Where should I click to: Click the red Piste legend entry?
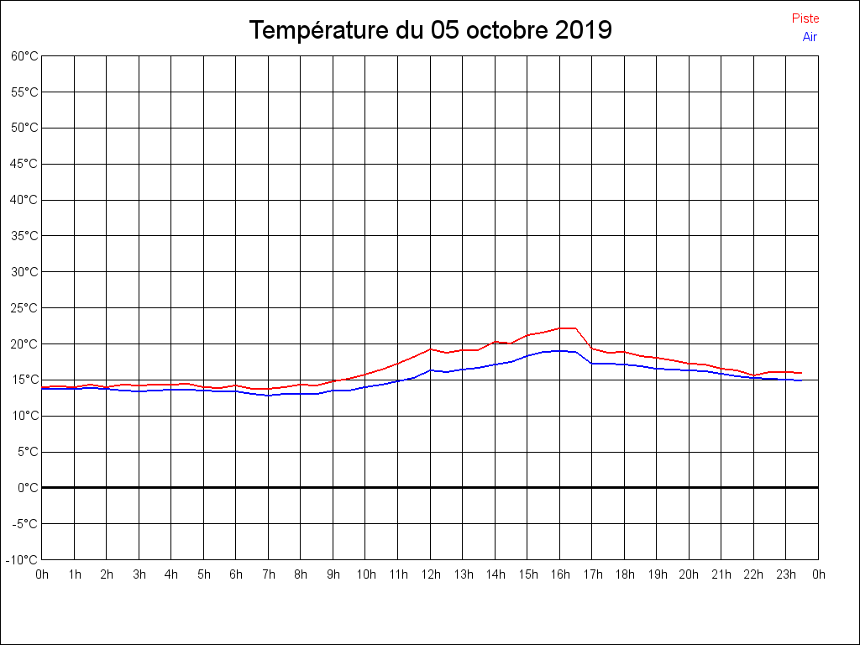pyautogui.click(x=805, y=18)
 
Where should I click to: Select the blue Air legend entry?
pyautogui.click(x=810, y=37)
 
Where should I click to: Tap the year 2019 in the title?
pyautogui.click(x=584, y=31)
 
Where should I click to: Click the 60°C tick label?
pyautogui.click(x=24, y=56)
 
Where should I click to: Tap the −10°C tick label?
pyautogui.click(x=23, y=560)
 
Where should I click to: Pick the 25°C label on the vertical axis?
pyautogui.click(x=24, y=308)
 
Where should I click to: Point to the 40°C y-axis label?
pyautogui.click(x=24, y=200)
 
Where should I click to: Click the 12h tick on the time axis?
pyautogui.click(x=431, y=574)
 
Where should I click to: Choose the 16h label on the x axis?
pyautogui.click(x=560, y=574)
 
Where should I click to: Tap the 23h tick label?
pyautogui.click(x=786, y=574)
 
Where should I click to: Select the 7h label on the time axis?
pyautogui.click(x=269, y=574)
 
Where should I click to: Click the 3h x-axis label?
pyautogui.click(x=139, y=574)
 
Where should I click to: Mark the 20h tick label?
pyautogui.click(x=690, y=574)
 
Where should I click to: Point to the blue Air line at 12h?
pyautogui.click(x=431, y=370)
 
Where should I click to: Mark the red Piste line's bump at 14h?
pyautogui.click(x=496, y=342)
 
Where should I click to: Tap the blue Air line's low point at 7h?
pyautogui.click(x=269, y=395)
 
